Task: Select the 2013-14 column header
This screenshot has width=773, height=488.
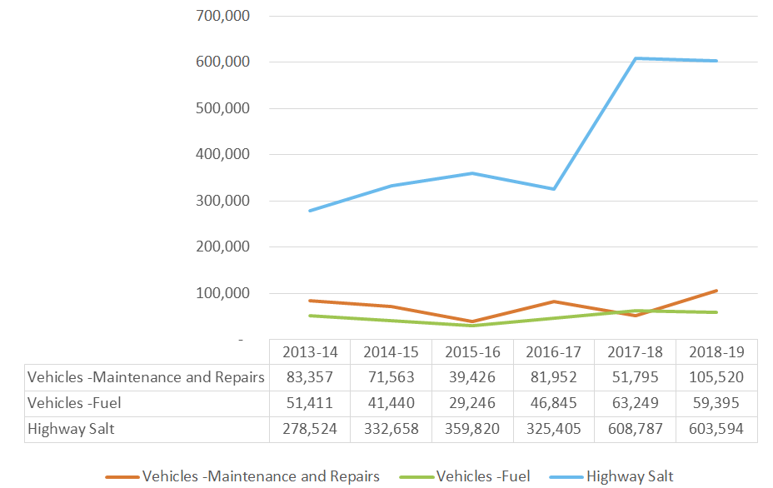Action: click(x=310, y=351)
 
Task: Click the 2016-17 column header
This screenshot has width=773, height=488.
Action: click(x=555, y=351)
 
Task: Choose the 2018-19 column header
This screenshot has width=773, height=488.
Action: click(x=717, y=351)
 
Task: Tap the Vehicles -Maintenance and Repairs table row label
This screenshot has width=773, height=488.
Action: click(x=146, y=377)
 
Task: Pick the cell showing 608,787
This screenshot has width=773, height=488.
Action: click(x=636, y=430)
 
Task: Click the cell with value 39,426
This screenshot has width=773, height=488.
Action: click(x=473, y=377)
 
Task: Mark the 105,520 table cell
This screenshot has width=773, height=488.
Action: click(x=717, y=377)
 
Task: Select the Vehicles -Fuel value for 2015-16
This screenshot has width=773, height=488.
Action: click(x=473, y=404)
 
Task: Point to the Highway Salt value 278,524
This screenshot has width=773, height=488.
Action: click(x=310, y=430)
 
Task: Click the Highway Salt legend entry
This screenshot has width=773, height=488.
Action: click(x=629, y=476)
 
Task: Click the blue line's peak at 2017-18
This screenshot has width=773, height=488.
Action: click(x=636, y=58)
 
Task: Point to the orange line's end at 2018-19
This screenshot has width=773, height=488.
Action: click(x=716, y=291)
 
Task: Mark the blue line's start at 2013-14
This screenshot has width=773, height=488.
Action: click(x=310, y=211)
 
